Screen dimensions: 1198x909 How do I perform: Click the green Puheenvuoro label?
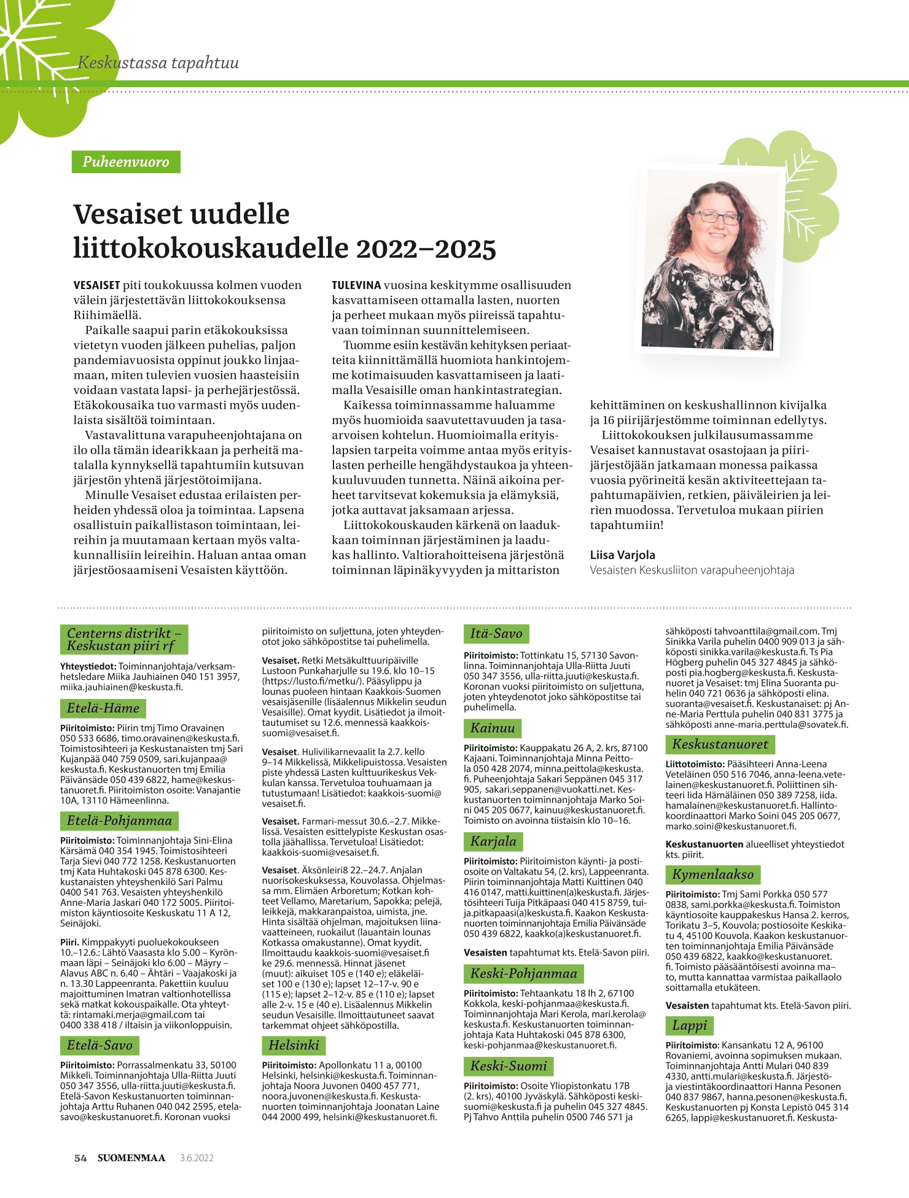126,162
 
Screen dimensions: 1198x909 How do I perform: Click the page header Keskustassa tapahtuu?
158,63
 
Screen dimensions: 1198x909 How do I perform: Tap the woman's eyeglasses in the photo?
717,217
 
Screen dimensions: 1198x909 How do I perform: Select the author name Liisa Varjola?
622,555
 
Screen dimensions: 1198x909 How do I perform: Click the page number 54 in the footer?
80,1158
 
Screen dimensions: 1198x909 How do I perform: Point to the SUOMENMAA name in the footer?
131,1158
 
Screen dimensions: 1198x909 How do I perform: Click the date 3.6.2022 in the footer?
197,1158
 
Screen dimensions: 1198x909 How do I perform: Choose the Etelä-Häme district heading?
103,708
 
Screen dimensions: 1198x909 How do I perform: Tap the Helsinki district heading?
294,1045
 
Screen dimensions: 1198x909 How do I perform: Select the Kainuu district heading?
493,728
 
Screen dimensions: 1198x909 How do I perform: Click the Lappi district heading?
689,1026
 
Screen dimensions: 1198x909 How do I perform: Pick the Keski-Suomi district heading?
508,1066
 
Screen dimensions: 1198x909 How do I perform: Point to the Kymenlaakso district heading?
712,875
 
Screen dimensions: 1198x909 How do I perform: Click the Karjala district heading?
493,841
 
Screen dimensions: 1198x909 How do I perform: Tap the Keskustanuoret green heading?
720,744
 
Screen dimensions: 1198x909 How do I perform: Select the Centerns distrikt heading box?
123,640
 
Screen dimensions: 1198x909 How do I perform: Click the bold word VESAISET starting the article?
96,285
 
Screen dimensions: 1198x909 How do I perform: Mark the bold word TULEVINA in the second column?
356,285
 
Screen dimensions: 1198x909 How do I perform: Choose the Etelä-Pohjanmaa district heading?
119,821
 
